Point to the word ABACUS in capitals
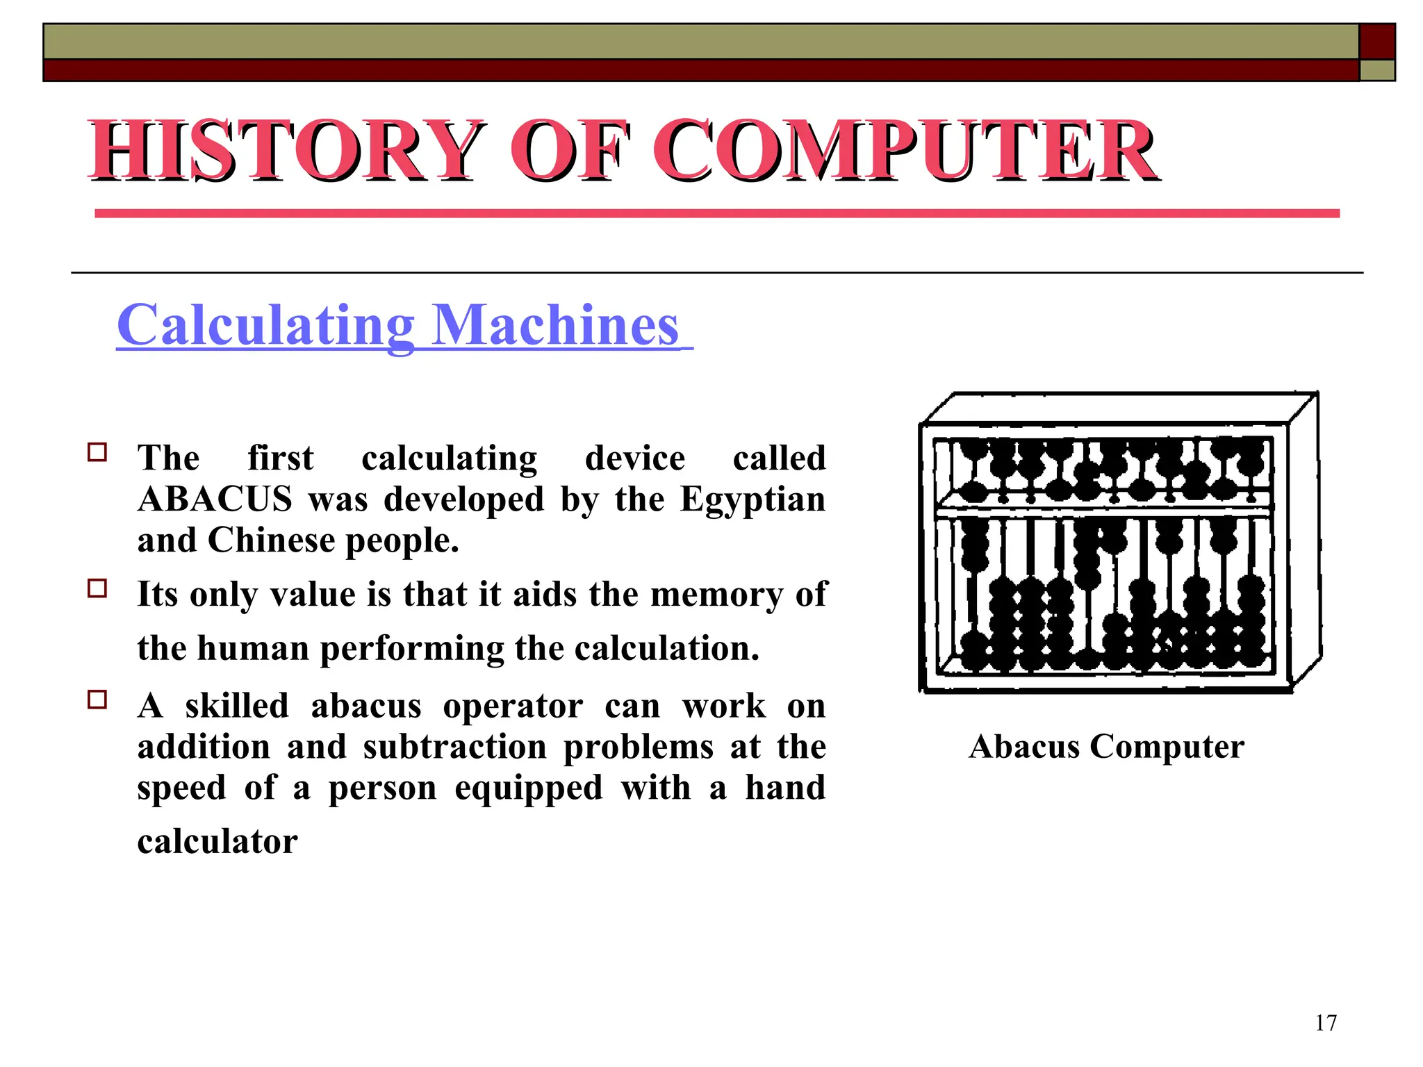click(215, 499)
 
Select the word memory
click(716, 595)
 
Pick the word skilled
click(237, 706)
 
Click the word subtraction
click(455, 747)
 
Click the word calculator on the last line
click(217, 842)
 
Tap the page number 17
click(1326, 1023)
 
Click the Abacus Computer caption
click(1106, 747)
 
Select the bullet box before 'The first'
click(97, 453)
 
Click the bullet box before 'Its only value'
click(97, 589)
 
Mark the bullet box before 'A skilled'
click(97, 700)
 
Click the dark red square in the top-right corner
click(1377, 42)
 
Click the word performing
click(413, 649)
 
